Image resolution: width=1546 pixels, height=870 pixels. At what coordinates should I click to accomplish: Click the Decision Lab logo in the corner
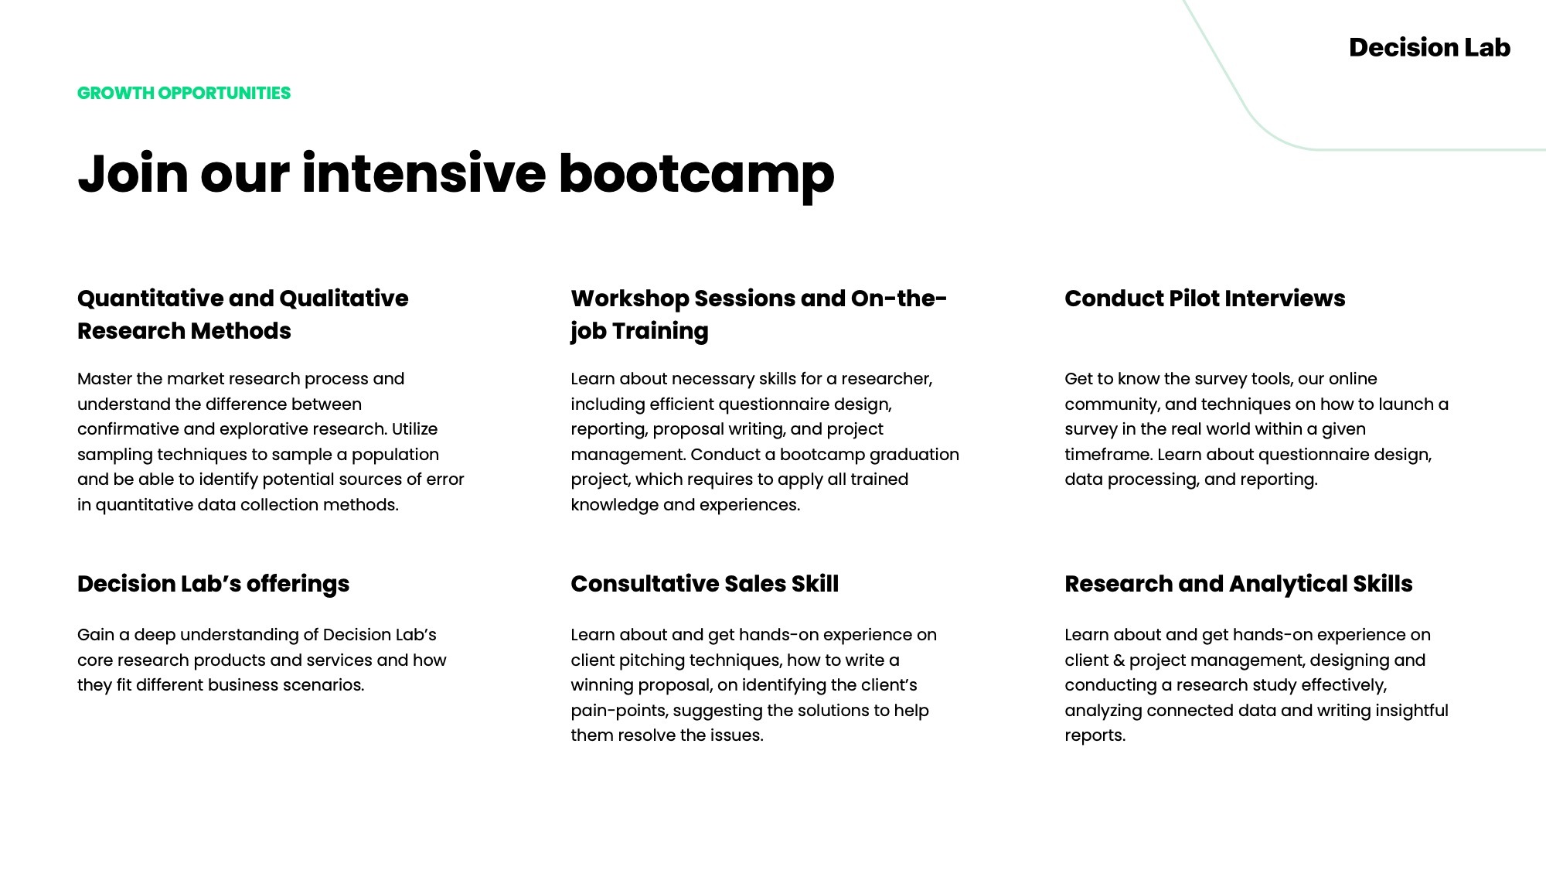(x=1429, y=48)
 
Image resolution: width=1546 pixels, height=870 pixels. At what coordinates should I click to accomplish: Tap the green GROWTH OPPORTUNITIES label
(x=184, y=94)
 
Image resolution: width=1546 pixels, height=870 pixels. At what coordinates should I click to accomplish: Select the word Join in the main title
(x=133, y=173)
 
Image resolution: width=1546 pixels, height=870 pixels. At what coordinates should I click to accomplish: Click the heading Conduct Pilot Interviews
(x=1204, y=299)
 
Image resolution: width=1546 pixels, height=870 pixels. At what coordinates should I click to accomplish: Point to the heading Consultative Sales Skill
(x=704, y=584)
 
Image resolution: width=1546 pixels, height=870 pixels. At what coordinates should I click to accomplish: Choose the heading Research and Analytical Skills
(x=1238, y=584)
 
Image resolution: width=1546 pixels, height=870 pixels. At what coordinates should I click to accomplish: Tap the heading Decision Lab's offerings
(x=213, y=584)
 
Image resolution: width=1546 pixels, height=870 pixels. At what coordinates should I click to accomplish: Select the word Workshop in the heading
(x=629, y=299)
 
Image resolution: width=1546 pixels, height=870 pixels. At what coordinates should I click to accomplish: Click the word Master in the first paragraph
(x=104, y=379)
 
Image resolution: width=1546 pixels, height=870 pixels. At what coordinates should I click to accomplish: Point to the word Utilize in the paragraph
(x=414, y=429)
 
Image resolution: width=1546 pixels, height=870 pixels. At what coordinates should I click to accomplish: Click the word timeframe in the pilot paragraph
(x=1108, y=455)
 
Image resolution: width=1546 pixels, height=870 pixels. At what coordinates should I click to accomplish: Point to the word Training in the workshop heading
(x=660, y=332)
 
